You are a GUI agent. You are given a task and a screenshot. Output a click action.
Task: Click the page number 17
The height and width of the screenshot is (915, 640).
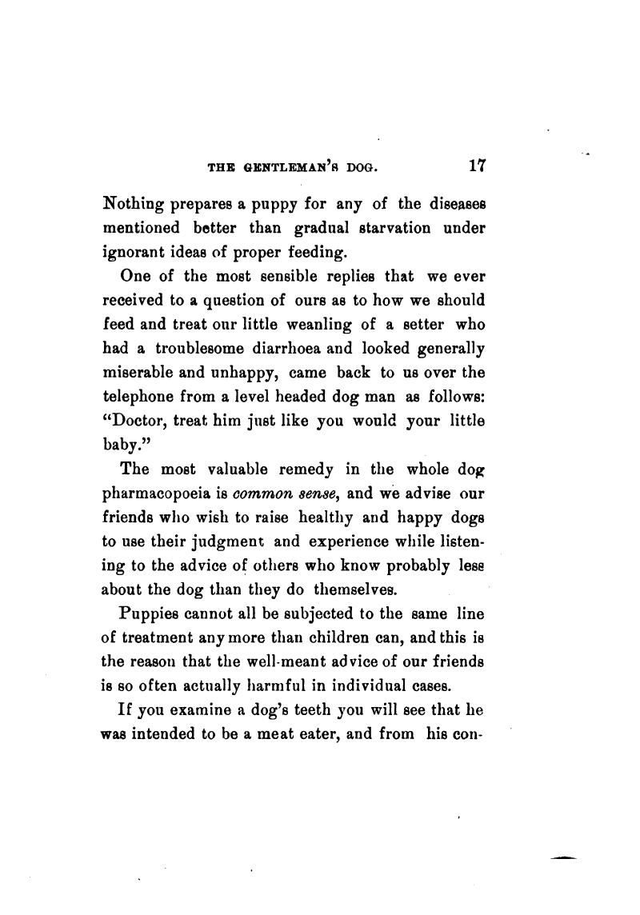pos(478,166)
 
